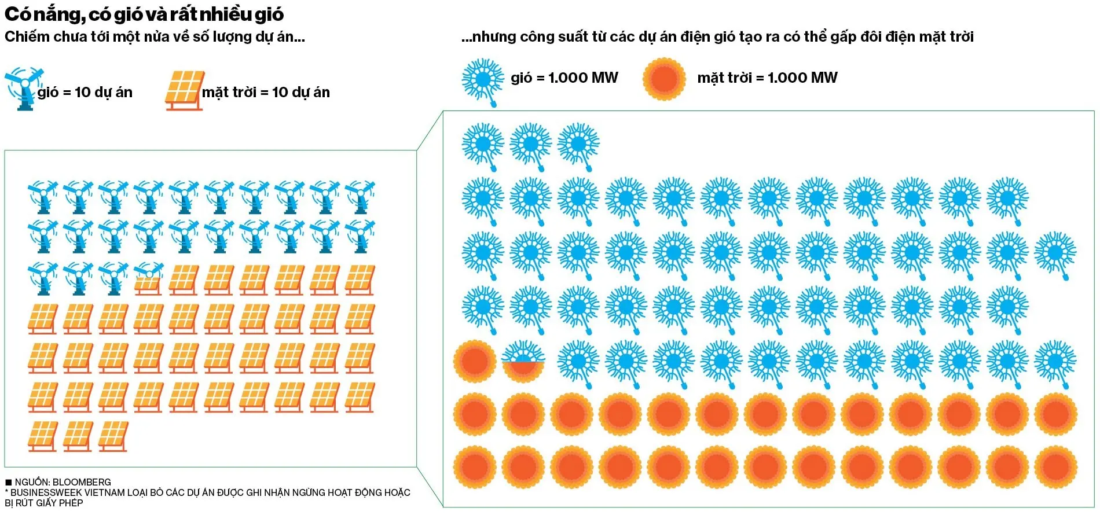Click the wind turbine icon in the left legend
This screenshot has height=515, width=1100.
tap(24, 88)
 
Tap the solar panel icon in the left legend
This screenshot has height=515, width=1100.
tap(185, 90)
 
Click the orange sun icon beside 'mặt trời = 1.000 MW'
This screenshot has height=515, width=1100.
tap(664, 79)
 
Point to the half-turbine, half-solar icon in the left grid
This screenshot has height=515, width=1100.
tap(148, 279)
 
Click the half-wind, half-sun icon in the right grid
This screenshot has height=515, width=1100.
tap(523, 361)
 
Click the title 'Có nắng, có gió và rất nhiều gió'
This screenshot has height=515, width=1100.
tap(144, 14)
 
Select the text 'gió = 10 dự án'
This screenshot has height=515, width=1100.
tap(85, 92)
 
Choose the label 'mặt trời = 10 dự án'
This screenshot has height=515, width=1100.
tap(266, 92)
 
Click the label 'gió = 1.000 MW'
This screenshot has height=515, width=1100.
tap(564, 78)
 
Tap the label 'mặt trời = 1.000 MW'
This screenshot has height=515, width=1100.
tap(767, 78)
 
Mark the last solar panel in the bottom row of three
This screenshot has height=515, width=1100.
tap(113, 436)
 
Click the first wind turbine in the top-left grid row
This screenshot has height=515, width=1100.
tap(43, 197)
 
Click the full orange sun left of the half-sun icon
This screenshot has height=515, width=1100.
tap(475, 361)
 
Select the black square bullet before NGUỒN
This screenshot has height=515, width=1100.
tap(9, 482)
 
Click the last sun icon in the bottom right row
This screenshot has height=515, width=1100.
tap(1055, 466)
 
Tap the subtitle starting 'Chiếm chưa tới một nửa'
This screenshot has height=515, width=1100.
tap(155, 36)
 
